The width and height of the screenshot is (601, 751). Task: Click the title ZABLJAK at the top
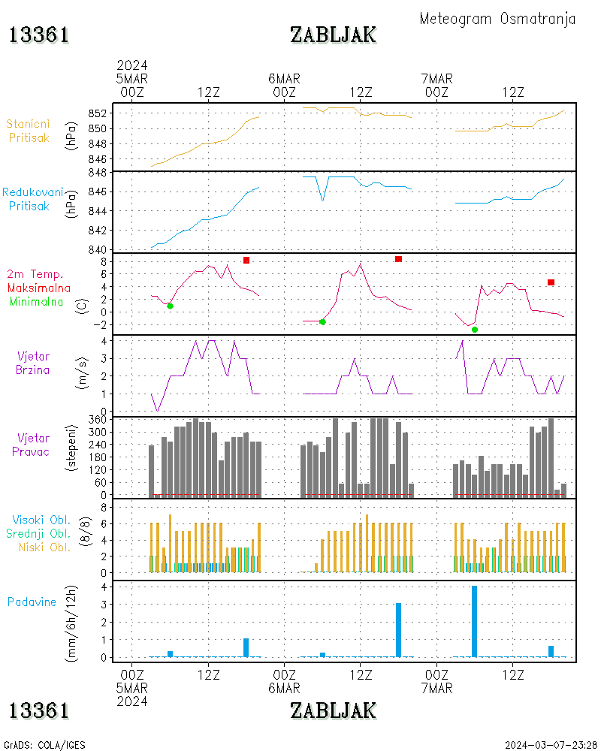(x=333, y=35)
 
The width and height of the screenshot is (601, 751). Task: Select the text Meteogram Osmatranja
(x=497, y=19)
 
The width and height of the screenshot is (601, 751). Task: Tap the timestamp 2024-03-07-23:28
(x=551, y=745)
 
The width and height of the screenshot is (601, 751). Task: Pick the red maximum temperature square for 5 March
(x=246, y=260)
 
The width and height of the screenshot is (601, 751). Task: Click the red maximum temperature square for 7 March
(x=551, y=282)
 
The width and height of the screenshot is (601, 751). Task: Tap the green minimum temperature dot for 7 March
(x=475, y=330)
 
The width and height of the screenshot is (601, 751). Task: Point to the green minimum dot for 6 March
(x=322, y=321)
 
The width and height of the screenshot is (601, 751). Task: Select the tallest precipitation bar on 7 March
(x=475, y=621)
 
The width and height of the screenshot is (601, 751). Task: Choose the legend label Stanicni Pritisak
(x=29, y=130)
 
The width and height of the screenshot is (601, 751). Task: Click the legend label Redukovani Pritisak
(x=32, y=198)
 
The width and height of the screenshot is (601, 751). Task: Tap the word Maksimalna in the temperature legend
(x=39, y=288)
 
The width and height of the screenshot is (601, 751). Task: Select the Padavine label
(x=32, y=602)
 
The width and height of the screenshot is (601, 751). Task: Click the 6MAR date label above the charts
(x=284, y=78)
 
